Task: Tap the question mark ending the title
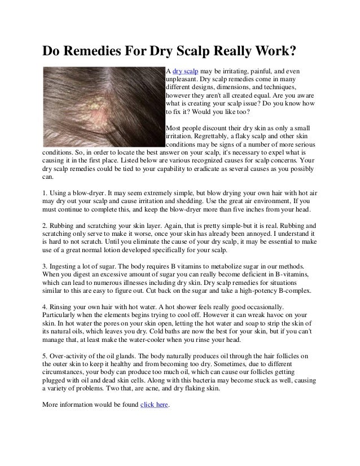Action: tap(293, 52)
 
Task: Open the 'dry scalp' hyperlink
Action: tap(185, 71)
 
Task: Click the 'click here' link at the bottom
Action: tap(153, 405)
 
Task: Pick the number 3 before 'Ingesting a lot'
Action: tap(46, 265)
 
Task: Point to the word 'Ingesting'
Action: tap(67, 265)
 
